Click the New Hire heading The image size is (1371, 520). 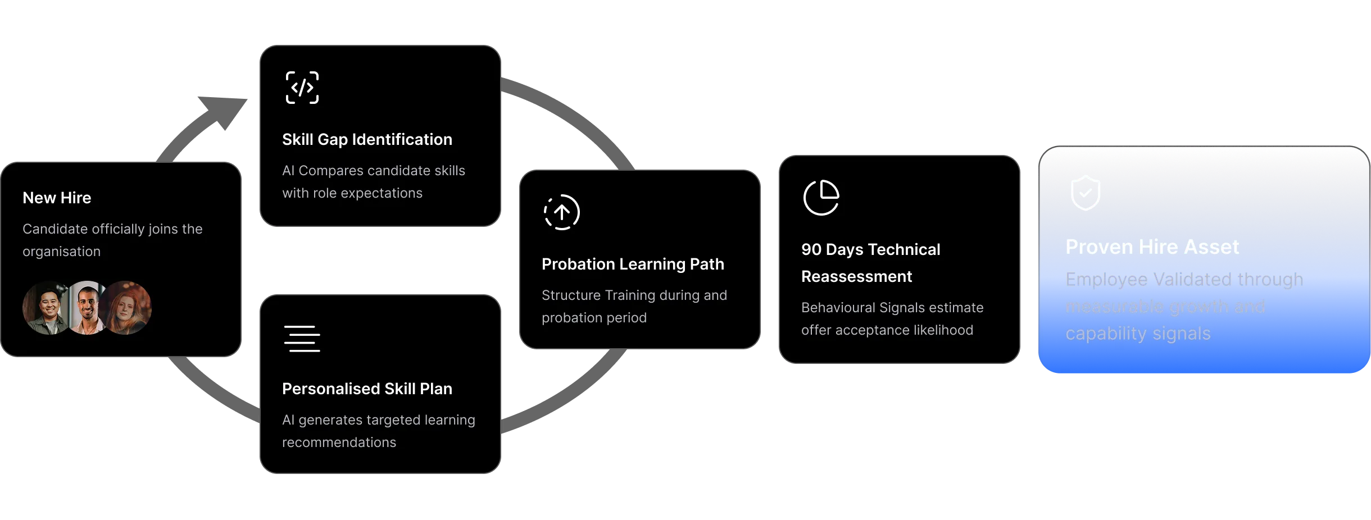coord(57,198)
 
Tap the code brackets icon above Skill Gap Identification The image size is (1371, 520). coord(302,88)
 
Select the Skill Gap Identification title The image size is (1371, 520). coord(367,139)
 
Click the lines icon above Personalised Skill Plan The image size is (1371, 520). coord(302,339)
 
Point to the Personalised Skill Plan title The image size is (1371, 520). coord(367,389)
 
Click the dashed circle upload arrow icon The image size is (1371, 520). coord(562,212)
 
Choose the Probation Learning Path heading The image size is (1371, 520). coord(633,264)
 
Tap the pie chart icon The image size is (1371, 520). coord(821,198)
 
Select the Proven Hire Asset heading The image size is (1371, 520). coord(1152,247)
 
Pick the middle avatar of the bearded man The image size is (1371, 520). coord(87,308)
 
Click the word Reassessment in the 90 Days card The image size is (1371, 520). coord(856,276)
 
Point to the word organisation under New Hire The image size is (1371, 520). coord(62,252)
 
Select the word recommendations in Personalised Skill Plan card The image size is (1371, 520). coord(339,443)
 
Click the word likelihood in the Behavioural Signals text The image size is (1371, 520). coord(944,330)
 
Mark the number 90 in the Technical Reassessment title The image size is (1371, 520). coord(811,249)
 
